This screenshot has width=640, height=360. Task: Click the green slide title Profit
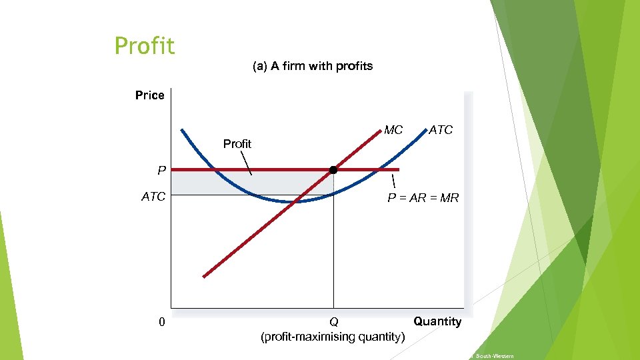point(145,46)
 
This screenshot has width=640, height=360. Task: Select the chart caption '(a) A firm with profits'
point(312,66)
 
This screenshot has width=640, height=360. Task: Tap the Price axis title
point(149,95)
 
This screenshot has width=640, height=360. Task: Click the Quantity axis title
point(437,321)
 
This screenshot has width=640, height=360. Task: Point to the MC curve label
point(393,130)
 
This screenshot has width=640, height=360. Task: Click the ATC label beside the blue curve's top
point(441,130)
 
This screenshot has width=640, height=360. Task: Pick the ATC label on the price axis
point(153,197)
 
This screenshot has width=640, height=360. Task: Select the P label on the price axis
point(161,171)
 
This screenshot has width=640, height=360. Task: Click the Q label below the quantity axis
point(333,323)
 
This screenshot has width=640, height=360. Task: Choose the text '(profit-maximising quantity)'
point(332,337)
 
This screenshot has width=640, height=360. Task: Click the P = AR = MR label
point(423,198)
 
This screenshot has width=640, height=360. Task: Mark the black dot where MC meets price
point(333,170)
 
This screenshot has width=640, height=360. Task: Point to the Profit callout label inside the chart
point(237,144)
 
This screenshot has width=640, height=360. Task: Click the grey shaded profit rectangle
point(200,182)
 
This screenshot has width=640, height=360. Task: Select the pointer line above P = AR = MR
point(393,181)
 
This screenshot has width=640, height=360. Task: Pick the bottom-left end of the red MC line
point(205,276)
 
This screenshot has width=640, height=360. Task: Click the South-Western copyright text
point(494,357)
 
